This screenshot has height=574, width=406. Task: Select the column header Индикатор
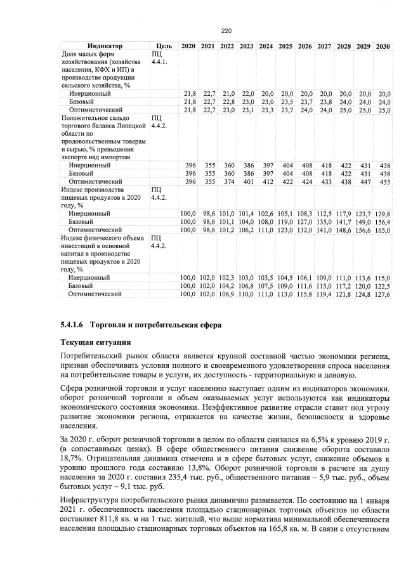click(105, 46)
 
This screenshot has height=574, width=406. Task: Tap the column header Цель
click(163, 46)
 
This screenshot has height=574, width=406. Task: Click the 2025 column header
click(285, 46)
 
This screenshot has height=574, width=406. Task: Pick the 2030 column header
click(383, 46)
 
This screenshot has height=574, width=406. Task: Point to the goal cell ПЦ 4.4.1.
click(159, 58)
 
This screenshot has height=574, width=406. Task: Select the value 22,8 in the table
click(227, 101)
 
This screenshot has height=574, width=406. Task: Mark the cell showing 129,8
click(383, 213)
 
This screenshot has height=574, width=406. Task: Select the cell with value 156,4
click(383, 221)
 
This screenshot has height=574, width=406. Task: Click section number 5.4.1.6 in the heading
click(72, 325)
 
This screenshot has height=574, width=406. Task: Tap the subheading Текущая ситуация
click(91, 342)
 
